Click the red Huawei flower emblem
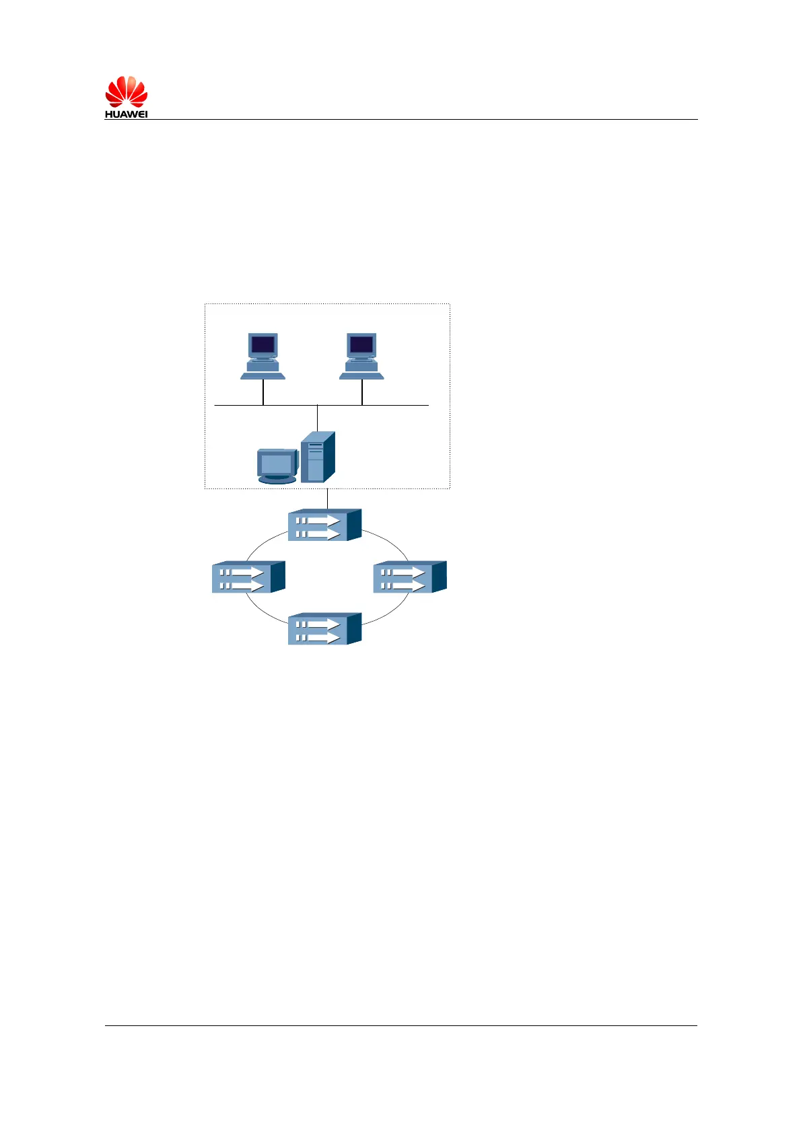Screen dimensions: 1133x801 click(126, 92)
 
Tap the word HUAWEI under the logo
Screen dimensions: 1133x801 click(126, 114)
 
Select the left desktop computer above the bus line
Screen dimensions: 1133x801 click(263, 356)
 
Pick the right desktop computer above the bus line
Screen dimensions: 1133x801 click(361, 356)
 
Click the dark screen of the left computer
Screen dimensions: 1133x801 click(263, 345)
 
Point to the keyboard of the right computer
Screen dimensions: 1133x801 click(361, 375)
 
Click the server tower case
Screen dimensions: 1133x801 click(317, 458)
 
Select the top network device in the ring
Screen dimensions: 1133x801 click(324, 525)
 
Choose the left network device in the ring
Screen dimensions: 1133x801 click(248, 577)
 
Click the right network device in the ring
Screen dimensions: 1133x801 click(409, 577)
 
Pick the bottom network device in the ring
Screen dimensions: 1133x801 click(324, 628)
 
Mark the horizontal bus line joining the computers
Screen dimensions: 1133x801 click(404, 406)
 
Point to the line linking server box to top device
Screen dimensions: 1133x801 click(327, 499)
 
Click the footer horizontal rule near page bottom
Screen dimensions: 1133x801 click(401, 1025)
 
